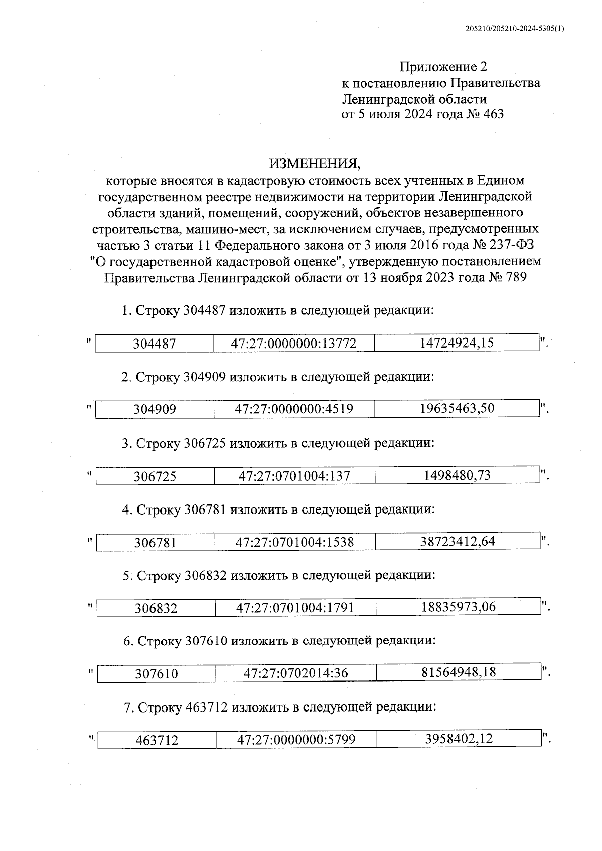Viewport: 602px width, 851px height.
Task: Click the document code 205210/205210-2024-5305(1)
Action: coord(515,29)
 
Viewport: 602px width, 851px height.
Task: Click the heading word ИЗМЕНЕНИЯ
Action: coord(315,163)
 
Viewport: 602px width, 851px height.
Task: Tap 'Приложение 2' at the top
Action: coord(443,66)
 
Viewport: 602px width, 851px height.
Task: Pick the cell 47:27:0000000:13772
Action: coord(293,344)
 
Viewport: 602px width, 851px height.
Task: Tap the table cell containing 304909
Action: coord(155,409)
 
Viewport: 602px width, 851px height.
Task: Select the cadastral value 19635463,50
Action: coord(457,408)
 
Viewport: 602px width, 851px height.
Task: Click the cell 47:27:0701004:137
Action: coord(294,476)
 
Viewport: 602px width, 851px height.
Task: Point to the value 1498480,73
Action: coord(457,475)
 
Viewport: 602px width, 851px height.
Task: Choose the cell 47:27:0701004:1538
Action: coord(294,542)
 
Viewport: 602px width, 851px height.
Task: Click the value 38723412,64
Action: coord(458,541)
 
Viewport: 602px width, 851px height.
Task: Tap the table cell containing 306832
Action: coord(156,608)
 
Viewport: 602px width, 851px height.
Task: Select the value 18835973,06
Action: coord(458,607)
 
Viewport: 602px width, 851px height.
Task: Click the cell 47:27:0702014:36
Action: coord(295,673)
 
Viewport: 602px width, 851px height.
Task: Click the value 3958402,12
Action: coord(459,739)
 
